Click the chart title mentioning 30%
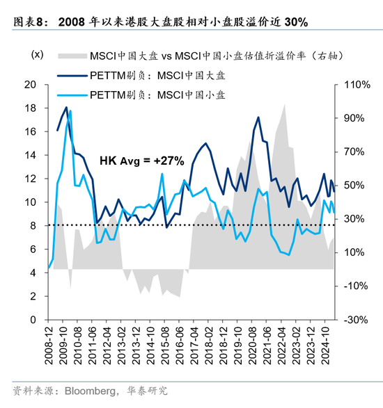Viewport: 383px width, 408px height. [184, 22]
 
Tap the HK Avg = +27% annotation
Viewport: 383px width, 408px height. [142, 161]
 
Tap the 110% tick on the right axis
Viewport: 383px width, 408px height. [354, 85]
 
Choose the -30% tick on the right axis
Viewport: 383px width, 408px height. [354, 320]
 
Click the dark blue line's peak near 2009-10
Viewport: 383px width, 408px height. [66, 108]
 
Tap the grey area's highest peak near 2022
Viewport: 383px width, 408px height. [284, 105]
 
